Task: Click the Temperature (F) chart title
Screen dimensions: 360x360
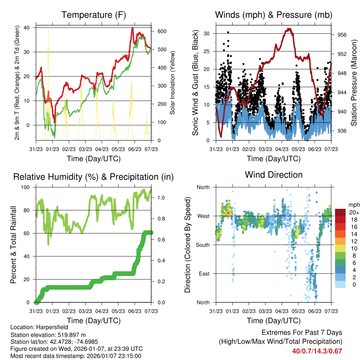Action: [x=94, y=15]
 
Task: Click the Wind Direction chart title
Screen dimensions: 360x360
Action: [x=274, y=174]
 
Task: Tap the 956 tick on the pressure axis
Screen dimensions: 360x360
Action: [x=342, y=35]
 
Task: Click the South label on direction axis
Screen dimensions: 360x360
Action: [x=202, y=245]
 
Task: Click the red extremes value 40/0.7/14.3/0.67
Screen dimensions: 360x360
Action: [x=317, y=351]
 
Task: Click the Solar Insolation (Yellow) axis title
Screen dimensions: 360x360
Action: [x=173, y=83]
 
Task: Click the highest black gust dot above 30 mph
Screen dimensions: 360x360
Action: [x=228, y=32]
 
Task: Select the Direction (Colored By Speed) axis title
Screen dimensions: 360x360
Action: [x=187, y=245]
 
